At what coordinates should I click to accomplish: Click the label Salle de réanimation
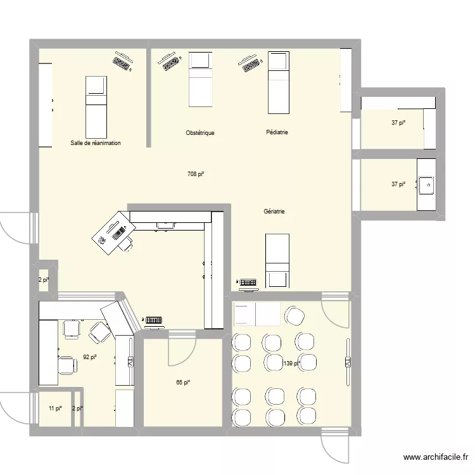pyautogui.click(x=96, y=143)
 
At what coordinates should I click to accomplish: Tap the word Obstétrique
pyautogui.click(x=200, y=133)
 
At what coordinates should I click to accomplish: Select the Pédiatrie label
pyautogui.click(x=277, y=132)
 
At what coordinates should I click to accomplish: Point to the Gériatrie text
pyautogui.click(x=274, y=212)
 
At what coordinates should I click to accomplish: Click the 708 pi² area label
pyautogui.click(x=196, y=174)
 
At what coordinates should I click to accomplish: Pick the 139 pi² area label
pyautogui.click(x=291, y=364)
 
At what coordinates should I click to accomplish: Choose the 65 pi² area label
pyautogui.click(x=183, y=382)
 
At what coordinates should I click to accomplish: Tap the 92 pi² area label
pyautogui.click(x=90, y=357)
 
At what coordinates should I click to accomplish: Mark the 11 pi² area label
pyautogui.click(x=55, y=408)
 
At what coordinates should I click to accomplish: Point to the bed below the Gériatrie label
pyautogui.click(x=277, y=260)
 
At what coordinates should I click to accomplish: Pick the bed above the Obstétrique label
pyautogui.click(x=200, y=79)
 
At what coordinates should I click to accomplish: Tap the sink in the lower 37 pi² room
pyautogui.click(x=426, y=184)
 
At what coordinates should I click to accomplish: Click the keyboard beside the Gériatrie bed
pyautogui.click(x=247, y=282)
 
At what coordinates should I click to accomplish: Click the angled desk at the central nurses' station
pyautogui.click(x=112, y=232)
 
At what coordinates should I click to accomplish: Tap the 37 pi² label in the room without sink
pyautogui.click(x=398, y=123)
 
